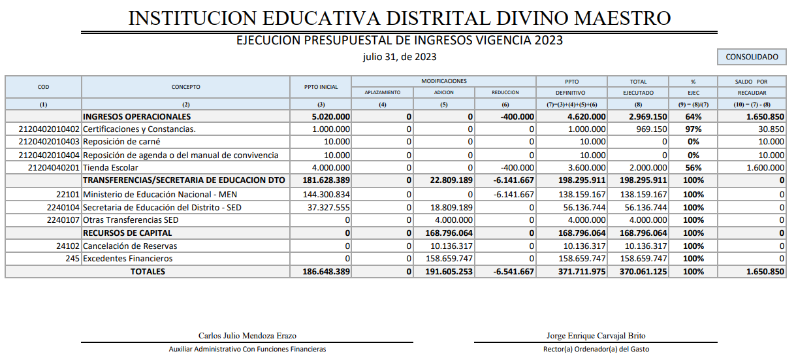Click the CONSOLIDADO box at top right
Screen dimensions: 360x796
click(x=752, y=57)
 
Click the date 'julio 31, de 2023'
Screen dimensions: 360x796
click(x=400, y=57)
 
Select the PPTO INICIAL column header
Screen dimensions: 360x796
click(x=321, y=87)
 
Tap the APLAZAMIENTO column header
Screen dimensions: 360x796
click(x=382, y=93)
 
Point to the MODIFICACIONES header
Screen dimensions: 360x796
click(x=443, y=82)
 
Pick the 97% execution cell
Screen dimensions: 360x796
click(x=693, y=129)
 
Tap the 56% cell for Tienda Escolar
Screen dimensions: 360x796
click(x=693, y=167)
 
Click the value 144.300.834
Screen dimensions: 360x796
click(x=326, y=194)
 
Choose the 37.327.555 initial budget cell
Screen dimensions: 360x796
click(x=329, y=207)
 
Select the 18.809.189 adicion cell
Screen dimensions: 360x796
click(x=451, y=207)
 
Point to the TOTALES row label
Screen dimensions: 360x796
click(x=153, y=272)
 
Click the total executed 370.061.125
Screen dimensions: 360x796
click(x=643, y=272)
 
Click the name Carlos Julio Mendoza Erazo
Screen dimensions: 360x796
click(x=247, y=336)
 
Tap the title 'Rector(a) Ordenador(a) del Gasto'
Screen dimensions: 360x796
click(x=596, y=349)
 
